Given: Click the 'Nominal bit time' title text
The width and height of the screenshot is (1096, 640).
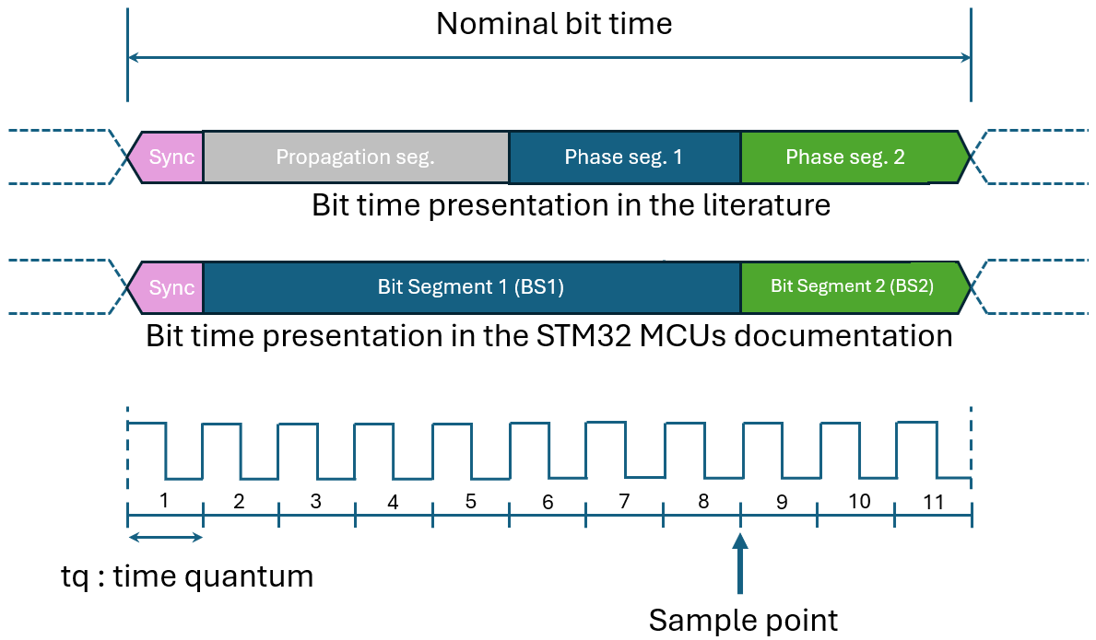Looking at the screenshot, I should [x=554, y=23].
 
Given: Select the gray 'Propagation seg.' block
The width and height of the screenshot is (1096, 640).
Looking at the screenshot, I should [x=355, y=157].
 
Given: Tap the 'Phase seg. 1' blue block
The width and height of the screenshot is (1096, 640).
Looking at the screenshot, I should [x=624, y=157].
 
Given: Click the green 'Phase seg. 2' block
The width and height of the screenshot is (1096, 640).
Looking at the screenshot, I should [x=845, y=157].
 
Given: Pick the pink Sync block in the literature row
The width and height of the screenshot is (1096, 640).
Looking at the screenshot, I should [x=171, y=157].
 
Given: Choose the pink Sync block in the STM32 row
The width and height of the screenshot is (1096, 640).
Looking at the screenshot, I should [x=171, y=287].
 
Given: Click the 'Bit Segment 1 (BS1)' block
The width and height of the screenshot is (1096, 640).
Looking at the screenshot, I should [x=470, y=287].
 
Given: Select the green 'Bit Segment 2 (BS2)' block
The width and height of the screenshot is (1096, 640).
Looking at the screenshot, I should [x=852, y=286].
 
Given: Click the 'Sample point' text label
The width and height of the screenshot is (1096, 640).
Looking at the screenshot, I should [x=743, y=620].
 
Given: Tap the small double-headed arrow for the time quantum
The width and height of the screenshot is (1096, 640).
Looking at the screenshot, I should [x=165, y=538].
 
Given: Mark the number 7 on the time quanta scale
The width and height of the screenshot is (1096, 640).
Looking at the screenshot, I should [x=624, y=502].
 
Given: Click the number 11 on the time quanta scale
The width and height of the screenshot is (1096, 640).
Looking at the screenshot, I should [x=933, y=502].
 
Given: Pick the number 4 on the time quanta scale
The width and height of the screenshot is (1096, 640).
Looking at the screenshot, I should [x=393, y=503].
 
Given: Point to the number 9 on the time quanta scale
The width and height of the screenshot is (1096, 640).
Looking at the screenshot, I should [x=782, y=503].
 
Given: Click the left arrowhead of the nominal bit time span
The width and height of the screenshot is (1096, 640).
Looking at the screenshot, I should [x=134, y=58].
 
